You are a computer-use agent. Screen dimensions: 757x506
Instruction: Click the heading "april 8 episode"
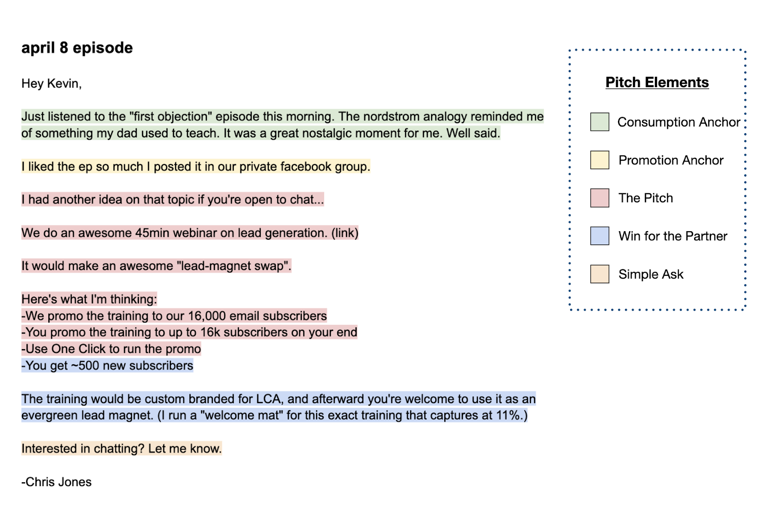tap(77, 48)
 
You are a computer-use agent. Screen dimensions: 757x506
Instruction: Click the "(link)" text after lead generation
tap(345, 233)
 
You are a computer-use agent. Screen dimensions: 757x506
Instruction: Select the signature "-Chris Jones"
tap(56, 482)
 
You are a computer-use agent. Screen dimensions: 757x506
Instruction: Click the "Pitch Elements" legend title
tap(657, 82)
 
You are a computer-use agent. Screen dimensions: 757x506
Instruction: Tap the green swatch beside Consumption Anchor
tap(600, 122)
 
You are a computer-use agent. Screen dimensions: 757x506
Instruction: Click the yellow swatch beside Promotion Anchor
tap(600, 160)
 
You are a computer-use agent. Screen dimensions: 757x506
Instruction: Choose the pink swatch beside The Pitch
tap(600, 198)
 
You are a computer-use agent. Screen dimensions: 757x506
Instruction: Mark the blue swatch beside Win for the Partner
tap(600, 236)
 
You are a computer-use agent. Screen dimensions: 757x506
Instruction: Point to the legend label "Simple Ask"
tap(651, 274)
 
